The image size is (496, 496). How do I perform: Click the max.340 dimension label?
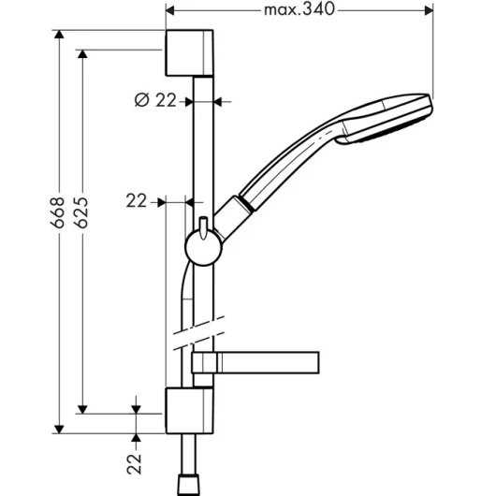[x=299, y=9]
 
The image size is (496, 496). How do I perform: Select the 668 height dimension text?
[x=57, y=212]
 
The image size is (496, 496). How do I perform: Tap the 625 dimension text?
[x=81, y=212]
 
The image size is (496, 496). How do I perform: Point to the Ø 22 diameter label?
[x=155, y=100]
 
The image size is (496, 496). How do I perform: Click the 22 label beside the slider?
[x=137, y=201]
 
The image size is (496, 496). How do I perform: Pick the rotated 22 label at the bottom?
[x=134, y=464]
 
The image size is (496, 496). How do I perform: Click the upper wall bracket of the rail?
[x=189, y=52]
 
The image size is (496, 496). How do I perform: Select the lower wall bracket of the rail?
[x=189, y=410]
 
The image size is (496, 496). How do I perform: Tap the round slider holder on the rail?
[x=203, y=247]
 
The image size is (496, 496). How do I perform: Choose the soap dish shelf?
[x=255, y=362]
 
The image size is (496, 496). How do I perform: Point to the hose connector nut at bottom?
[x=189, y=484]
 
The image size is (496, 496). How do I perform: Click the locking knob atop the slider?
[x=203, y=226]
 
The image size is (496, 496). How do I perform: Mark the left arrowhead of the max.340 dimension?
[x=170, y=10]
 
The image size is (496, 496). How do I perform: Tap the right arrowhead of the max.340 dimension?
[x=429, y=10]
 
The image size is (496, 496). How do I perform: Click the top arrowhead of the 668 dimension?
[x=59, y=35]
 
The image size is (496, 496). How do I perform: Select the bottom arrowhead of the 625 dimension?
[x=82, y=409]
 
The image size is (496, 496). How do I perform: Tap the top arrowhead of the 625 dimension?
[x=82, y=54]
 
